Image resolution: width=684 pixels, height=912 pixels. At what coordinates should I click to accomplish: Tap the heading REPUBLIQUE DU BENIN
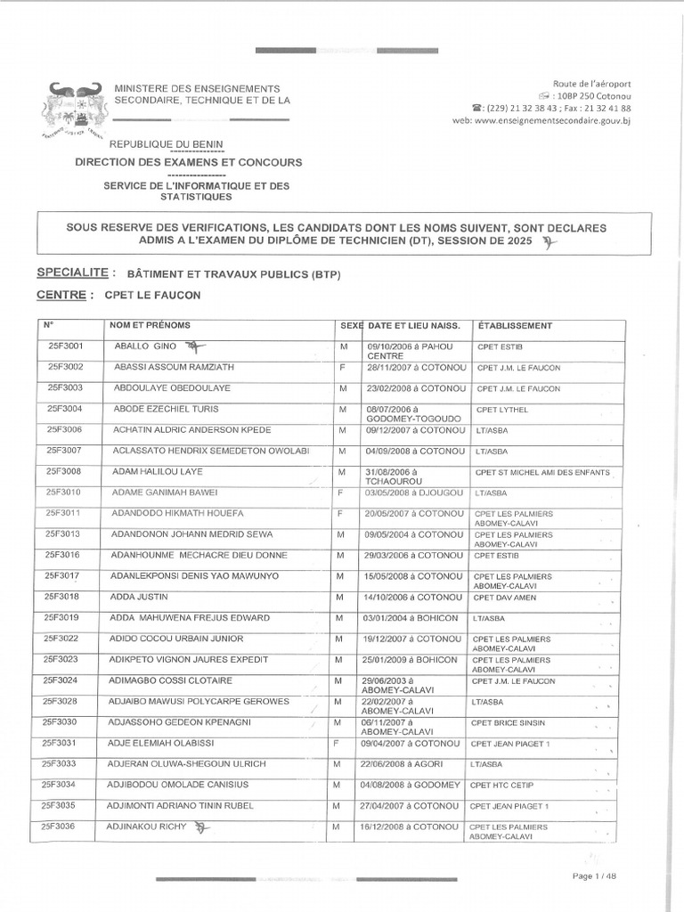pos(167,144)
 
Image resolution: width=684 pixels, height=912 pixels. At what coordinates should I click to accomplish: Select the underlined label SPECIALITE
pos(77,273)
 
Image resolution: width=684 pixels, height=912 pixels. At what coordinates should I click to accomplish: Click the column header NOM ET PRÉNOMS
pos(150,326)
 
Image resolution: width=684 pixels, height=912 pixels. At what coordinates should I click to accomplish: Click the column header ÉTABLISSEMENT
pos(515,326)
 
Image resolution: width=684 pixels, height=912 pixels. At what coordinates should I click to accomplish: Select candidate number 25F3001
pos(65,346)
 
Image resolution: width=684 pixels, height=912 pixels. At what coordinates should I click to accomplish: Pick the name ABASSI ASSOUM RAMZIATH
pos(171,367)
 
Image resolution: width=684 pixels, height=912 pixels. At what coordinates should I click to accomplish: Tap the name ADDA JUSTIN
pos(141,597)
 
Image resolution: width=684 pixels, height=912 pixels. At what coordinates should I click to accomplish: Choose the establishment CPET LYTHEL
pos(502,410)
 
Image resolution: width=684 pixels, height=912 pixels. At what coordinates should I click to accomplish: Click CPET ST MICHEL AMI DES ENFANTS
pos(541,472)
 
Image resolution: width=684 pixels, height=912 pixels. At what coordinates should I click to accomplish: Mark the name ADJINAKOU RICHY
pos(149,826)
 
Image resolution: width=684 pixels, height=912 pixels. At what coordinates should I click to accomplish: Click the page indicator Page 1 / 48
pos(594,876)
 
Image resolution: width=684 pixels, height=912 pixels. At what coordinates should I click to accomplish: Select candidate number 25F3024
pos(64,680)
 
